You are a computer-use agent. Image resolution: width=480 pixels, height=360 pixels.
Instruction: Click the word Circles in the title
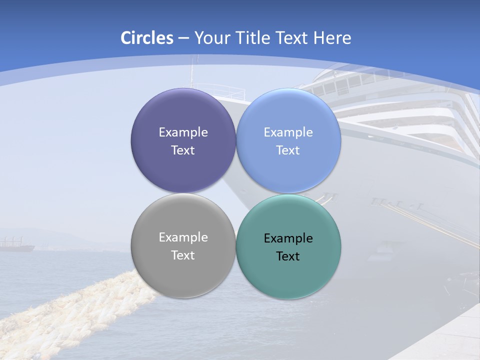[147, 38]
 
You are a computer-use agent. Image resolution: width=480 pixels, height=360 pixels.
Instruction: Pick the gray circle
[183, 272]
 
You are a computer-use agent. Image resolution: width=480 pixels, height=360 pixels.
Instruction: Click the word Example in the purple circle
[183, 132]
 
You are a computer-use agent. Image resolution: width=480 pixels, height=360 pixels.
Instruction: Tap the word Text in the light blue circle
[288, 150]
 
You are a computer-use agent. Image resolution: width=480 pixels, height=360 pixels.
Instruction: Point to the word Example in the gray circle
[183, 237]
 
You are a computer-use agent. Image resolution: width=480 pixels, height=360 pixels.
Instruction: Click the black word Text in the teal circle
[288, 256]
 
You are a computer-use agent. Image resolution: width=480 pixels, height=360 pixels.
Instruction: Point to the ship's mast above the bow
[190, 75]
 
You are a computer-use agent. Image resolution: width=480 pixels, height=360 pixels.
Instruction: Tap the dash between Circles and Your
[183, 38]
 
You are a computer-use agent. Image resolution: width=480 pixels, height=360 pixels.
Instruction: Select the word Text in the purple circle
[183, 150]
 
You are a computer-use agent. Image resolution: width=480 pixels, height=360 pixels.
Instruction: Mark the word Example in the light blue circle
[288, 132]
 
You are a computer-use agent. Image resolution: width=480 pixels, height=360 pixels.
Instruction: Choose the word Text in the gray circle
[183, 255]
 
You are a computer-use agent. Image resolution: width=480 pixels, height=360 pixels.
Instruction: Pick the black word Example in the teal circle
[288, 238]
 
